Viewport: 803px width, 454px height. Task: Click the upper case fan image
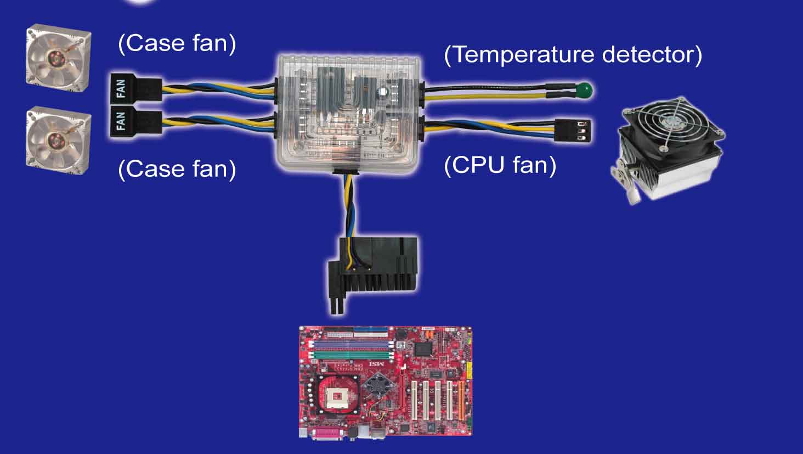click(x=59, y=58)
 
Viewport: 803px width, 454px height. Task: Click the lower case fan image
click(x=59, y=140)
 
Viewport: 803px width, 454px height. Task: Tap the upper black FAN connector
click(x=136, y=88)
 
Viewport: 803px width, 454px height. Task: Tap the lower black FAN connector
click(x=136, y=121)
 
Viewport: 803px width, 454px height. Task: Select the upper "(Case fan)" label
click(x=177, y=44)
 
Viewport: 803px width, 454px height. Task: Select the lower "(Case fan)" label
click(x=177, y=169)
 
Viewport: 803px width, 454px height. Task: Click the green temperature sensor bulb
click(x=585, y=89)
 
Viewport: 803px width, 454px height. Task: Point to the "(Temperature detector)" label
click(x=573, y=55)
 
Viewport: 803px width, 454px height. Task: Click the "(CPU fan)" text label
click(x=500, y=165)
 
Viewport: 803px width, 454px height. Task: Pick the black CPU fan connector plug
click(x=573, y=131)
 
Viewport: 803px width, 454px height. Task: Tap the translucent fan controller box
click(x=349, y=114)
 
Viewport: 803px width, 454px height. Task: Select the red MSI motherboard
click(x=386, y=382)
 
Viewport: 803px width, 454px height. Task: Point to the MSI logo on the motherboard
click(x=376, y=364)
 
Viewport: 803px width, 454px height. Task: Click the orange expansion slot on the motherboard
click(x=461, y=400)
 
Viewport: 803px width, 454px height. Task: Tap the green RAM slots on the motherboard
click(x=352, y=355)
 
